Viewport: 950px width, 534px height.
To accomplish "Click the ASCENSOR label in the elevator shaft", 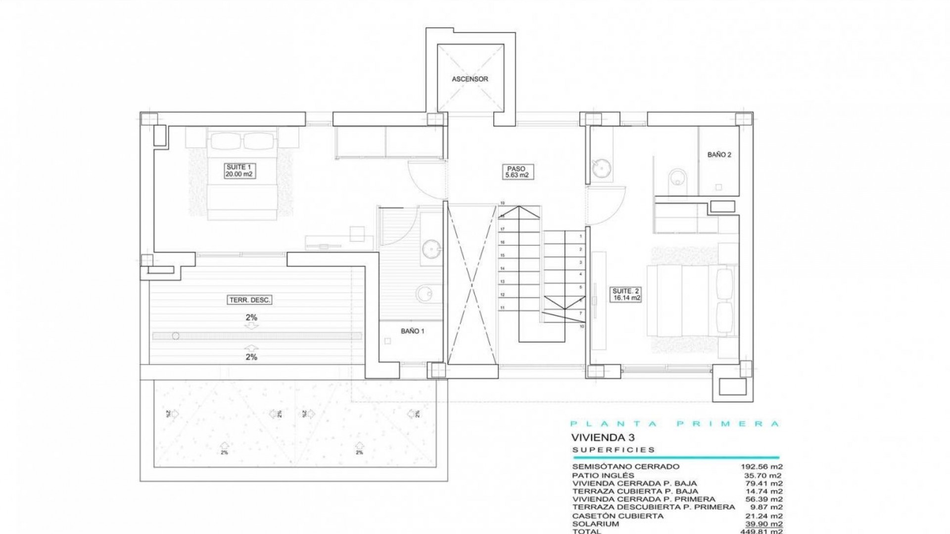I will pos(470,79).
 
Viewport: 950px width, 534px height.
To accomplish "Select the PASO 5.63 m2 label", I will pos(516,172).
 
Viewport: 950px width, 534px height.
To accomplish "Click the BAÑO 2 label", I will pos(719,155).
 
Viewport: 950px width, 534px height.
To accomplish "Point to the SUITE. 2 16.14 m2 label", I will pos(626,295).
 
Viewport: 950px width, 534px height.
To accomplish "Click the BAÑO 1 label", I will pos(412,331).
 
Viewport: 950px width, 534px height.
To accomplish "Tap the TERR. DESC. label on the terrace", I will pos(250,300).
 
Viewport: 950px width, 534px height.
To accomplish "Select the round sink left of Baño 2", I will pos(602,168).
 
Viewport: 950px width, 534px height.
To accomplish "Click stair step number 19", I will pos(502,203).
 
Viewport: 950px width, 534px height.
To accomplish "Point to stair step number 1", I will pos(580,237).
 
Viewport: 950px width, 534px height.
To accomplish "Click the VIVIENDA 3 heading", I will pos(603,438).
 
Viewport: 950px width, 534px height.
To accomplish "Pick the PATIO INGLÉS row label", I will pos(604,475).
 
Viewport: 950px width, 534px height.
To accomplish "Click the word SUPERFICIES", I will pos(614,450).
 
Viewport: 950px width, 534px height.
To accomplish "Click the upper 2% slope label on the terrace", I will pos(251,318).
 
